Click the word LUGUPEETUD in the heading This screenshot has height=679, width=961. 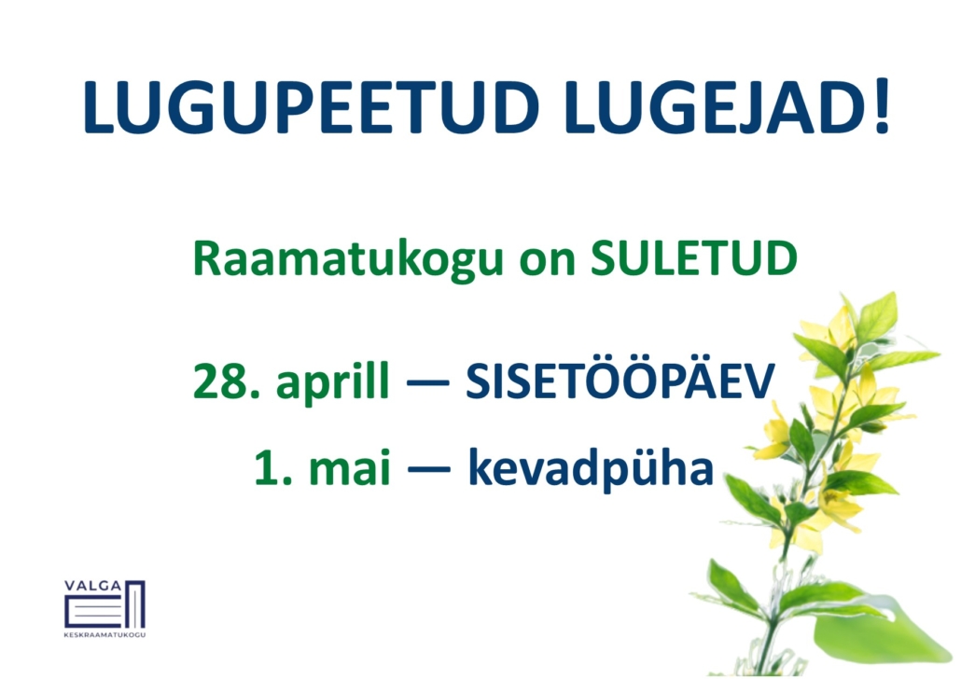tap(311, 106)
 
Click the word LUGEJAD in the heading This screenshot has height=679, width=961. tap(712, 106)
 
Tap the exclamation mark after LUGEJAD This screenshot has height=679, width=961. tap(882, 106)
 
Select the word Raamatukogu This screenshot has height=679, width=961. tap(347, 260)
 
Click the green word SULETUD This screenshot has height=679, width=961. tap(694, 258)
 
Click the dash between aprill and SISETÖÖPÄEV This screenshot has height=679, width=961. tap(428, 383)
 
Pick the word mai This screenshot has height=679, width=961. tap(349, 466)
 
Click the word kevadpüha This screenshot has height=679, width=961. tap(591, 469)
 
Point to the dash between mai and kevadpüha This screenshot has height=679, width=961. tap(428, 470)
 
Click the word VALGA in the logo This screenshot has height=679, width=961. tap(93, 586)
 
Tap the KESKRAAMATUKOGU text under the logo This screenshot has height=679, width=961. tap(104, 635)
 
